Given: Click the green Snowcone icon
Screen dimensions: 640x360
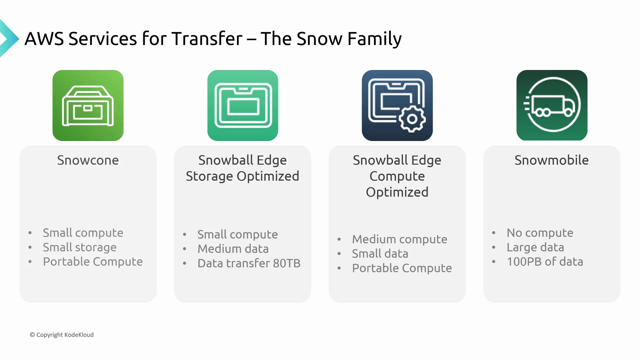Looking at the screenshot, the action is coord(88,105).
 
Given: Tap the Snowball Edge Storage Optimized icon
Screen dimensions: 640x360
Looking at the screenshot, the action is coord(243,105).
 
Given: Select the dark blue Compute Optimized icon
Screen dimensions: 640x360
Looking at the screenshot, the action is coord(397,105).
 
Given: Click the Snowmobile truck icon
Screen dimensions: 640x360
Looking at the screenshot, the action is coord(552,105).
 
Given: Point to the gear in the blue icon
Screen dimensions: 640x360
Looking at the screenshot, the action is coord(412,119).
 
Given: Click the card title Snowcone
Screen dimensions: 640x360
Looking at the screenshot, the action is coord(88,160).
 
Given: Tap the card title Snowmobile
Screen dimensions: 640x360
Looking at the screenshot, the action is coord(552,160).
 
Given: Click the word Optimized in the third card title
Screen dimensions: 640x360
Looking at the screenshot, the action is coord(397,192).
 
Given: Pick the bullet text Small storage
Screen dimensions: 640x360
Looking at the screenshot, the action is coord(80,247).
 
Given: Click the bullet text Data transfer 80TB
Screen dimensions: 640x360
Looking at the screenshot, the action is coord(249,263).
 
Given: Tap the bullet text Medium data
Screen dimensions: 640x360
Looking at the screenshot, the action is coord(233,249).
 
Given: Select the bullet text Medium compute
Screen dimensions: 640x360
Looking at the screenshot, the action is coord(400,239).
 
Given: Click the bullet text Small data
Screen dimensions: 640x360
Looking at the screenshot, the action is coord(380,254).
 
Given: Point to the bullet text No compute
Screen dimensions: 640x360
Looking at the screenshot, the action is coord(540,233).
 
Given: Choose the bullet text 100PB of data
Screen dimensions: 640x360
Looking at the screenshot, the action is coord(545,262).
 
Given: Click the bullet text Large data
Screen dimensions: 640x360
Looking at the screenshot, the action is coord(535,247).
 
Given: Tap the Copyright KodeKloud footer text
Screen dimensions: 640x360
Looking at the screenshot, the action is coord(62,335).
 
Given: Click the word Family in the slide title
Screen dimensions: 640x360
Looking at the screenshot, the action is coord(375,39).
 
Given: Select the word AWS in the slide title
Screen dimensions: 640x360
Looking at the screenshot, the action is coord(44,39).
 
